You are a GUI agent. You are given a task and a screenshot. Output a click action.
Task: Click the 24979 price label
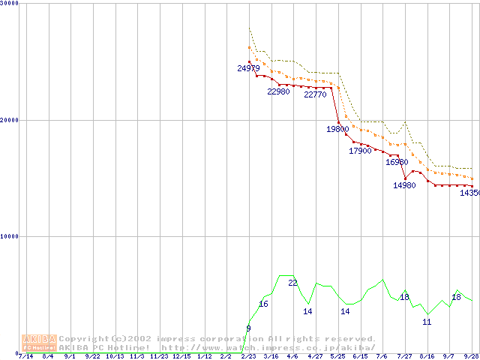(x=249, y=68)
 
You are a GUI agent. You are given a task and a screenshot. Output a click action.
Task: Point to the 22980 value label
(x=278, y=91)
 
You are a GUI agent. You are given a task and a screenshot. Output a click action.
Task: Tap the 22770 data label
(x=315, y=94)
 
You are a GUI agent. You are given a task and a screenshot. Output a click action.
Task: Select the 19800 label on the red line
(x=337, y=129)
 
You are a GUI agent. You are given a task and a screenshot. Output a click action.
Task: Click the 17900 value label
(x=360, y=151)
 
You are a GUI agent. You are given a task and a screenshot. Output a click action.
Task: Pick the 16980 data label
(x=397, y=162)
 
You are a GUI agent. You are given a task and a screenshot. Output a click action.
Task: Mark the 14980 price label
(x=404, y=185)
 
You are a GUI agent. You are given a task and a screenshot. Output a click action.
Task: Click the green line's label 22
(x=293, y=283)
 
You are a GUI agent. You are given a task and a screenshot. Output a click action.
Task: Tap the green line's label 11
(x=427, y=322)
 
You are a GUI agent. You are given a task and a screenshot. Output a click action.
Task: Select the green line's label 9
(x=248, y=328)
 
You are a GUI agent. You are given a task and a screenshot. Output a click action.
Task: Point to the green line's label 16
(x=263, y=304)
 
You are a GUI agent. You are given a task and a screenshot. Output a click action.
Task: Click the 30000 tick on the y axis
(x=10, y=3)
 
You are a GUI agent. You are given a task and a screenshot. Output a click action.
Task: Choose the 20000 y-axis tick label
(x=10, y=119)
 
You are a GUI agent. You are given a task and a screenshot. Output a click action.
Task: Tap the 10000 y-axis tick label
(x=10, y=235)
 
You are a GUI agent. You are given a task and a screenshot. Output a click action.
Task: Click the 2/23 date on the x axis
(x=248, y=355)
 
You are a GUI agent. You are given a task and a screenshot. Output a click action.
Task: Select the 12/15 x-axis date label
(x=181, y=355)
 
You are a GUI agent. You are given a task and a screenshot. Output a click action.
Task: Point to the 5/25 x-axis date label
(x=337, y=355)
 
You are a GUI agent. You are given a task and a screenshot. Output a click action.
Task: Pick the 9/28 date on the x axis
(x=472, y=355)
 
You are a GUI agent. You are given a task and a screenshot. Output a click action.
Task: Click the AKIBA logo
(x=39, y=342)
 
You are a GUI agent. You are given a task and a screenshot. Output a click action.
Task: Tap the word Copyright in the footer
(x=83, y=339)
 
